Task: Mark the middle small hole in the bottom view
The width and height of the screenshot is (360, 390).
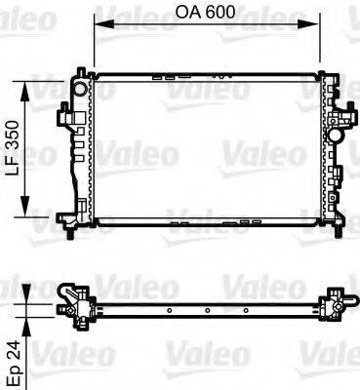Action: point(205,312)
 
